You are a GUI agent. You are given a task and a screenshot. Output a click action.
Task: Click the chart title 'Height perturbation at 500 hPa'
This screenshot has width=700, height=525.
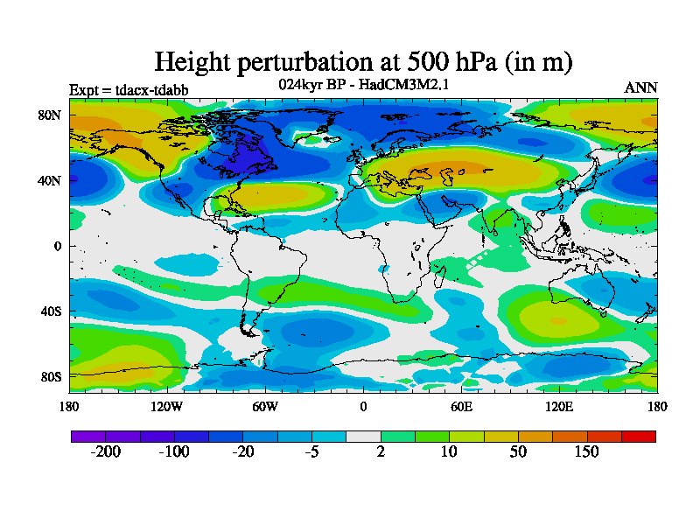(x=363, y=61)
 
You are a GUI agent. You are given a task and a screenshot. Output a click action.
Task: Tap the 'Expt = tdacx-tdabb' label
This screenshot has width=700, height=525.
(x=129, y=89)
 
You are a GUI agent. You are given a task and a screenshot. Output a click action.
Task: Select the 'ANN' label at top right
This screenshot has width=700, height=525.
(x=640, y=87)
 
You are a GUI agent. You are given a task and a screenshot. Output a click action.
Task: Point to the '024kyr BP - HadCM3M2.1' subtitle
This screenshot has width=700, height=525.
(x=363, y=85)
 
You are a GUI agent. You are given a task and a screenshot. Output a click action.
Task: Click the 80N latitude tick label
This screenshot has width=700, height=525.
(x=50, y=115)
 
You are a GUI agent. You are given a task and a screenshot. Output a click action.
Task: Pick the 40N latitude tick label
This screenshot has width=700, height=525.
(x=50, y=180)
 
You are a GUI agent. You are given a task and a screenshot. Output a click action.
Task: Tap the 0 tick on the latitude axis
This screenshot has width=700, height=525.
(x=58, y=246)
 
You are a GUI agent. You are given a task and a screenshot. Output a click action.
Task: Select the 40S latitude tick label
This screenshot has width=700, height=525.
(x=50, y=311)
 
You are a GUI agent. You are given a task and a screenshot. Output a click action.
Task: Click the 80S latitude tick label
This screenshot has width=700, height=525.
(x=50, y=377)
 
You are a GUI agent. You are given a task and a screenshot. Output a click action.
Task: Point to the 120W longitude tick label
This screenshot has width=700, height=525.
(x=167, y=406)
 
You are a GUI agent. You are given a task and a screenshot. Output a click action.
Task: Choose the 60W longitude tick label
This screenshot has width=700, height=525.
(x=265, y=406)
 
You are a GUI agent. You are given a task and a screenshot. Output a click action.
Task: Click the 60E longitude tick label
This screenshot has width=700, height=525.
(x=461, y=406)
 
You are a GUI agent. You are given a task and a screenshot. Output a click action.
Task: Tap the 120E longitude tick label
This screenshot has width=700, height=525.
(x=559, y=406)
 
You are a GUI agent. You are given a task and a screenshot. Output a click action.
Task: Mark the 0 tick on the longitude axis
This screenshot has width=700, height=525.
(x=363, y=406)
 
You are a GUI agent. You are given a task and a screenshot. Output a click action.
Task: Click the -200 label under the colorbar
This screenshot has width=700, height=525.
(x=105, y=451)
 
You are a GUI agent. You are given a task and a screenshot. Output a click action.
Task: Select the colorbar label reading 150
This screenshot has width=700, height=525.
(x=586, y=451)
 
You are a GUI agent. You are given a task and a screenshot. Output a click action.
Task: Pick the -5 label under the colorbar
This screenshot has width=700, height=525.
(x=311, y=451)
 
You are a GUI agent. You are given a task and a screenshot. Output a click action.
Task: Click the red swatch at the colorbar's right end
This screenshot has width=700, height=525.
(x=638, y=436)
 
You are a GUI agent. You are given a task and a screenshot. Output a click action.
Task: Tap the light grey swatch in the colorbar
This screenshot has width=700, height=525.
(x=363, y=436)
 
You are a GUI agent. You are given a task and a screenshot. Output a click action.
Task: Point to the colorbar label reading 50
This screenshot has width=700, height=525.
(x=518, y=451)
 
